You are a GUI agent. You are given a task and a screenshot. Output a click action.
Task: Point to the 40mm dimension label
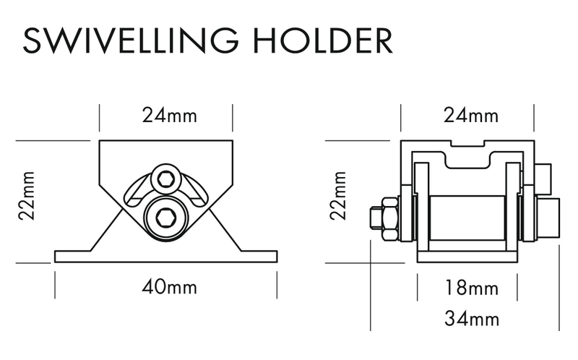(165, 287)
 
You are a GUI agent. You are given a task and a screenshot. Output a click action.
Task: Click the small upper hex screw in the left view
(165, 179)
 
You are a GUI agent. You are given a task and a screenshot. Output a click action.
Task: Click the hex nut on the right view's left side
(389, 217)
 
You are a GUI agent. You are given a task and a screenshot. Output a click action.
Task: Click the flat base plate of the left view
(165, 257)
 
